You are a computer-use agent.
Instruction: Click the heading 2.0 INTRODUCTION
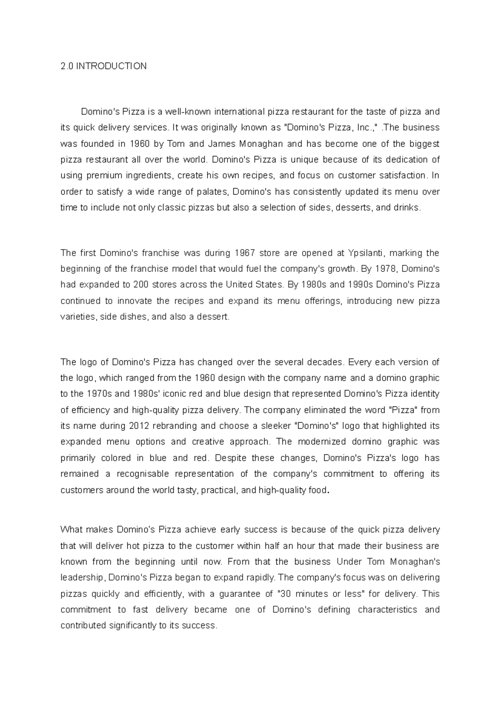[104, 66]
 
